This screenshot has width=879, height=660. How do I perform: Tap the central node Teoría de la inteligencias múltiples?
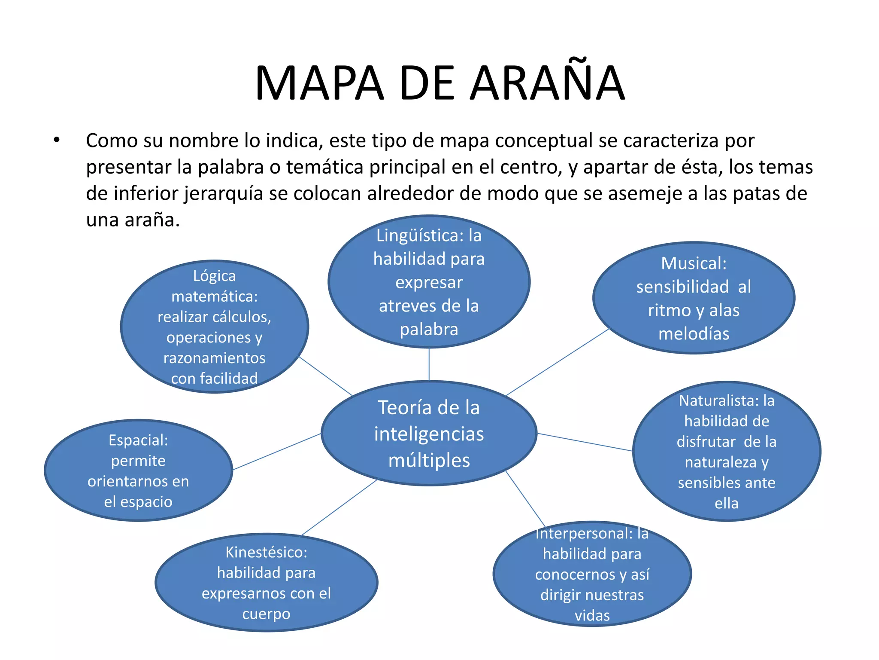click(x=429, y=433)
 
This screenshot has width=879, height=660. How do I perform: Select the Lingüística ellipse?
click(x=429, y=281)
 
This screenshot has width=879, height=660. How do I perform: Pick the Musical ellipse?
click(x=694, y=298)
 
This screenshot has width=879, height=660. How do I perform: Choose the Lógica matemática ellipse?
click(x=214, y=327)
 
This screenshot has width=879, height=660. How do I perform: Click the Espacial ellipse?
click(x=138, y=471)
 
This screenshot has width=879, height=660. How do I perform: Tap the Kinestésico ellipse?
click(x=266, y=583)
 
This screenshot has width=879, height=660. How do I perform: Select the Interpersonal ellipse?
click(x=592, y=574)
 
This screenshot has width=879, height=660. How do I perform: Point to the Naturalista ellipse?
click(x=726, y=451)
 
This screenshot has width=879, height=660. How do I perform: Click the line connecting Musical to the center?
click(x=558, y=362)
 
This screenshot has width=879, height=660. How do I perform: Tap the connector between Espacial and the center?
click(x=277, y=452)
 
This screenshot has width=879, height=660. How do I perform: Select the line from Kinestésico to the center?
click(x=339, y=507)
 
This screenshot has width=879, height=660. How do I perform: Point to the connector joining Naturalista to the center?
click(x=585, y=442)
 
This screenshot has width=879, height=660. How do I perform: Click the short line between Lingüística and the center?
click(x=429, y=364)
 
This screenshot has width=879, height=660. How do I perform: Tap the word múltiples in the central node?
click(x=429, y=460)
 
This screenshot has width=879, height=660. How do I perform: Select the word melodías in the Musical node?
click(x=694, y=334)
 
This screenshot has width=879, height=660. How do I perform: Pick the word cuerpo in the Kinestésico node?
click(x=266, y=614)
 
